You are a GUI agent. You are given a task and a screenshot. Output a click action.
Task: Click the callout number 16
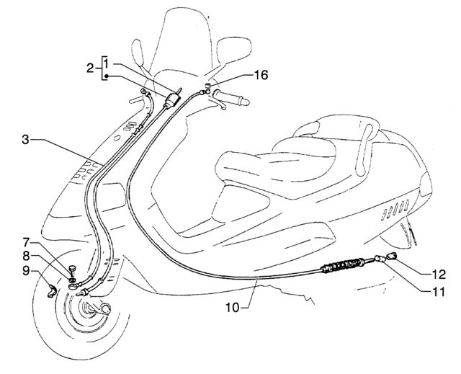point(261,75)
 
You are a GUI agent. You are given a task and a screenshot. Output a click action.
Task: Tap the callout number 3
point(26,140)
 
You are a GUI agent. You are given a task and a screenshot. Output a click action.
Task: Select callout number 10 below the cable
point(233,307)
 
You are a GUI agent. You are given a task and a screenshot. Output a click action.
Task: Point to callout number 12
point(439,275)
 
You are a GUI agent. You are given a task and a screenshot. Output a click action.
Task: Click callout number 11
point(439,292)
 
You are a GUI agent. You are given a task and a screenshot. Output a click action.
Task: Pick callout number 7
point(26,243)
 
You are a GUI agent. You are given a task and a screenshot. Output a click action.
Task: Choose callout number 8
point(26,256)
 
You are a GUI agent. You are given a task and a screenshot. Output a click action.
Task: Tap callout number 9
point(26,271)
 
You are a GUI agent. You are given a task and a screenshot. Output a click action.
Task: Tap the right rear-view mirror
point(234,50)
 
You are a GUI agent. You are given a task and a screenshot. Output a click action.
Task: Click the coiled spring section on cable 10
point(343,265)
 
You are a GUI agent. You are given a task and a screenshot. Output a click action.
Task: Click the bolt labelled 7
point(72,270)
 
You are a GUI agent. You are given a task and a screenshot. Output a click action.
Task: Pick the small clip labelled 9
point(52,291)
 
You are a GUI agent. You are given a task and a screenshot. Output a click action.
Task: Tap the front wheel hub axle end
point(106,309)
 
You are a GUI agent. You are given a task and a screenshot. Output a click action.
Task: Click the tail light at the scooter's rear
point(426,184)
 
